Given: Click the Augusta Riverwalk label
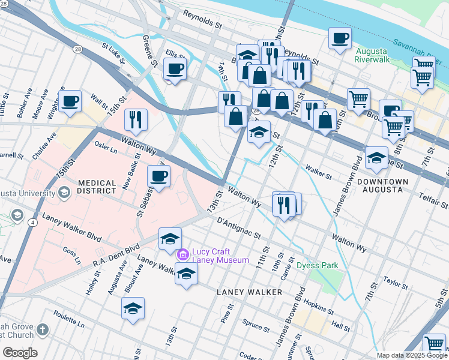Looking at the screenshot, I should (372, 55).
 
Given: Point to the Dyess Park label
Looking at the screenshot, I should (318, 265).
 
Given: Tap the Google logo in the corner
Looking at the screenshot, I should (20, 353).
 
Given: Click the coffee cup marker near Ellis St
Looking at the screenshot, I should (175, 69).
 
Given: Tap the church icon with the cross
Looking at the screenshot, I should (42, 329).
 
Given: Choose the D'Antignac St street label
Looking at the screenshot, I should (239, 229).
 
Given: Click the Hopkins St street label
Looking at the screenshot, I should (318, 307).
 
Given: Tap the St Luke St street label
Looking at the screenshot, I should (113, 53).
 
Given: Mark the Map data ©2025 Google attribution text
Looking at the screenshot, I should (412, 355).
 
